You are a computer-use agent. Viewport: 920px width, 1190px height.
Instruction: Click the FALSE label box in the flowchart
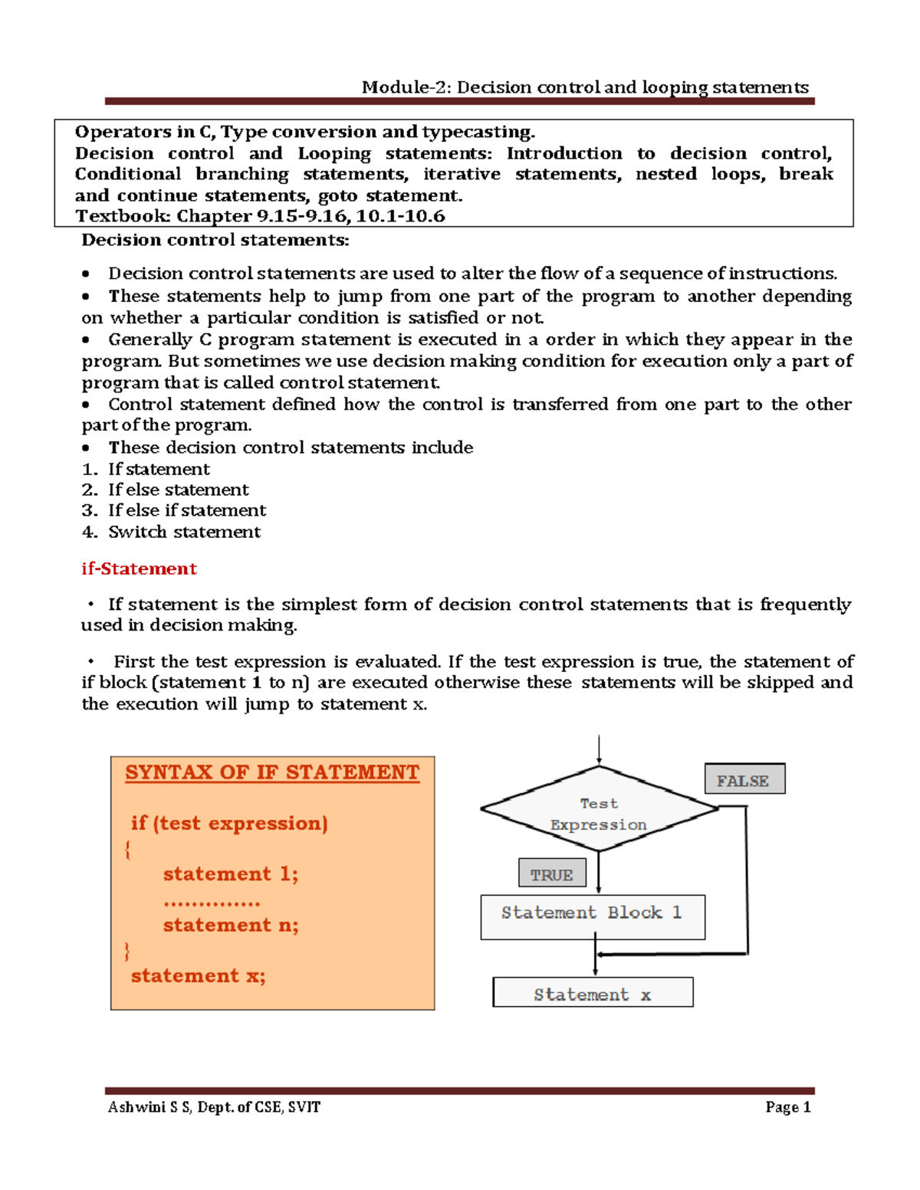pyautogui.click(x=744, y=779)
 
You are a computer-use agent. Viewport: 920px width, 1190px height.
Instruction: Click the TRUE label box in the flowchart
pyautogui.click(x=552, y=874)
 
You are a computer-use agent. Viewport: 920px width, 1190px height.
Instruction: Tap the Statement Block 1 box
pyautogui.click(x=593, y=916)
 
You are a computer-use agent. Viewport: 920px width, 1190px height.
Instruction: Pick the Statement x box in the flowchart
pyautogui.click(x=593, y=992)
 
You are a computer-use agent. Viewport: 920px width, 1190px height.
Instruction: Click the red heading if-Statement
pyautogui.click(x=139, y=569)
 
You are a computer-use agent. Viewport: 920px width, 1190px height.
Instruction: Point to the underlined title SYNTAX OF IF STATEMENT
pyautogui.click(x=272, y=772)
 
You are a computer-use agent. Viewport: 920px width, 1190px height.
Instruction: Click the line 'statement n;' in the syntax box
pyautogui.click(x=231, y=925)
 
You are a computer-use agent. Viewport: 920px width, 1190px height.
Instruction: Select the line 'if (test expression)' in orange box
pyautogui.click(x=229, y=823)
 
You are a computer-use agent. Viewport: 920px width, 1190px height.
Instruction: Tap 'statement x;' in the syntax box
pyautogui.click(x=198, y=975)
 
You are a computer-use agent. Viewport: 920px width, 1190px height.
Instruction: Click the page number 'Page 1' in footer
pyautogui.click(x=787, y=1107)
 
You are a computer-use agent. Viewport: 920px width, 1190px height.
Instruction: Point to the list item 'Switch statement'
pyautogui.click(x=184, y=532)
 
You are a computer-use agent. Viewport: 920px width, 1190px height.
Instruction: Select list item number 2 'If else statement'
pyautogui.click(x=178, y=490)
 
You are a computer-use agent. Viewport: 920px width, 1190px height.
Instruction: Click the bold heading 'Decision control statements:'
pyautogui.click(x=215, y=240)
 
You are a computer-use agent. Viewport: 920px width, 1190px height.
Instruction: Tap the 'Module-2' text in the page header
pyautogui.click(x=406, y=87)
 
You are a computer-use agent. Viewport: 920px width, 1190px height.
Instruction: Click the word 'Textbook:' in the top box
pyautogui.click(x=123, y=216)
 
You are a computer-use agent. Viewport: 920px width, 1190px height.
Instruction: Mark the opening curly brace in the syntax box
pyautogui.click(x=127, y=849)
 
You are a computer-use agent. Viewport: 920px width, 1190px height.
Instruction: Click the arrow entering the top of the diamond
pyautogui.click(x=599, y=749)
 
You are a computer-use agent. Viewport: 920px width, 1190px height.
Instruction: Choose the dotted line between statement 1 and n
pyautogui.click(x=212, y=903)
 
